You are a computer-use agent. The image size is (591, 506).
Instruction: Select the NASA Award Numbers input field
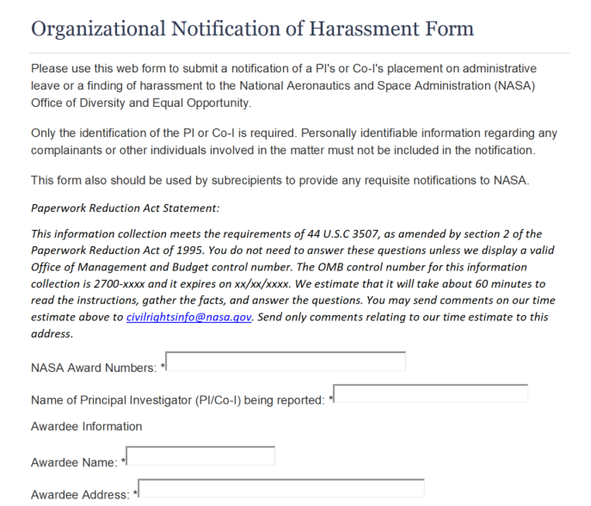click(x=286, y=361)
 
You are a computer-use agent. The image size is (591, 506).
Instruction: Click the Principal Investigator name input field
click(x=431, y=394)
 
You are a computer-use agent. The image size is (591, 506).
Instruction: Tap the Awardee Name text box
click(x=201, y=456)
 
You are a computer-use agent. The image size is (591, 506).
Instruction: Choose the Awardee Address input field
click(x=281, y=488)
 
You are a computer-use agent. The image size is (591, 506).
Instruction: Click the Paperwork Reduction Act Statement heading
click(x=125, y=208)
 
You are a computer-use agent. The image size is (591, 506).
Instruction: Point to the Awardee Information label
click(x=87, y=426)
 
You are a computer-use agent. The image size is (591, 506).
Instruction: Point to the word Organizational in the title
click(x=98, y=29)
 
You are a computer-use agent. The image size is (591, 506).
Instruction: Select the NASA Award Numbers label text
click(x=94, y=368)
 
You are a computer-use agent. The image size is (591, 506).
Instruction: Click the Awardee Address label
click(x=80, y=494)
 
